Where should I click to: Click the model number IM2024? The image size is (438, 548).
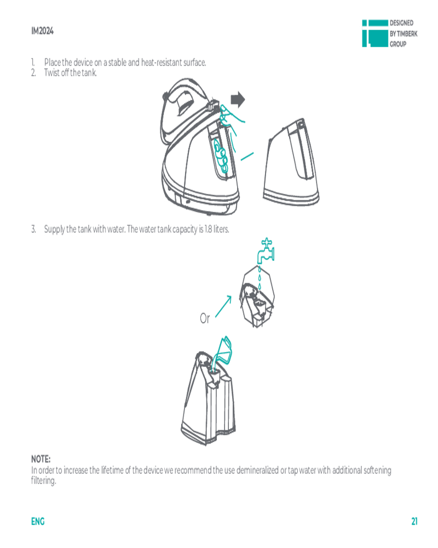42,31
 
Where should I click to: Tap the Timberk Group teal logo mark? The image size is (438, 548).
375,33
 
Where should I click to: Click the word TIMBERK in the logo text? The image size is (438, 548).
407,33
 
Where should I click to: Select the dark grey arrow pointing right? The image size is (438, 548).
238,100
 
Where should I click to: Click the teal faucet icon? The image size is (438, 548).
266,250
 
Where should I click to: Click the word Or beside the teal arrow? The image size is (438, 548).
205,318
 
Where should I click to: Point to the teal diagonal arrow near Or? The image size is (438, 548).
223,306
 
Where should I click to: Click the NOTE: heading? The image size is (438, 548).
41,459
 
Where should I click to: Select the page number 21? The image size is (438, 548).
414,522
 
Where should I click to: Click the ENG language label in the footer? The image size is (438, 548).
38,522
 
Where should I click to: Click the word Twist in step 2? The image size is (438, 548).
51,73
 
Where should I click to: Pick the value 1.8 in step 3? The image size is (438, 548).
208,229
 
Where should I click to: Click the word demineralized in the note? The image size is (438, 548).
257,470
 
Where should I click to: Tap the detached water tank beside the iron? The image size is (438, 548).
292,162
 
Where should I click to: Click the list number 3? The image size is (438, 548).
33,229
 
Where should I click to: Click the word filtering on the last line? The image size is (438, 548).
43,481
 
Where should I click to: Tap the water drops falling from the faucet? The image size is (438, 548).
259,278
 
